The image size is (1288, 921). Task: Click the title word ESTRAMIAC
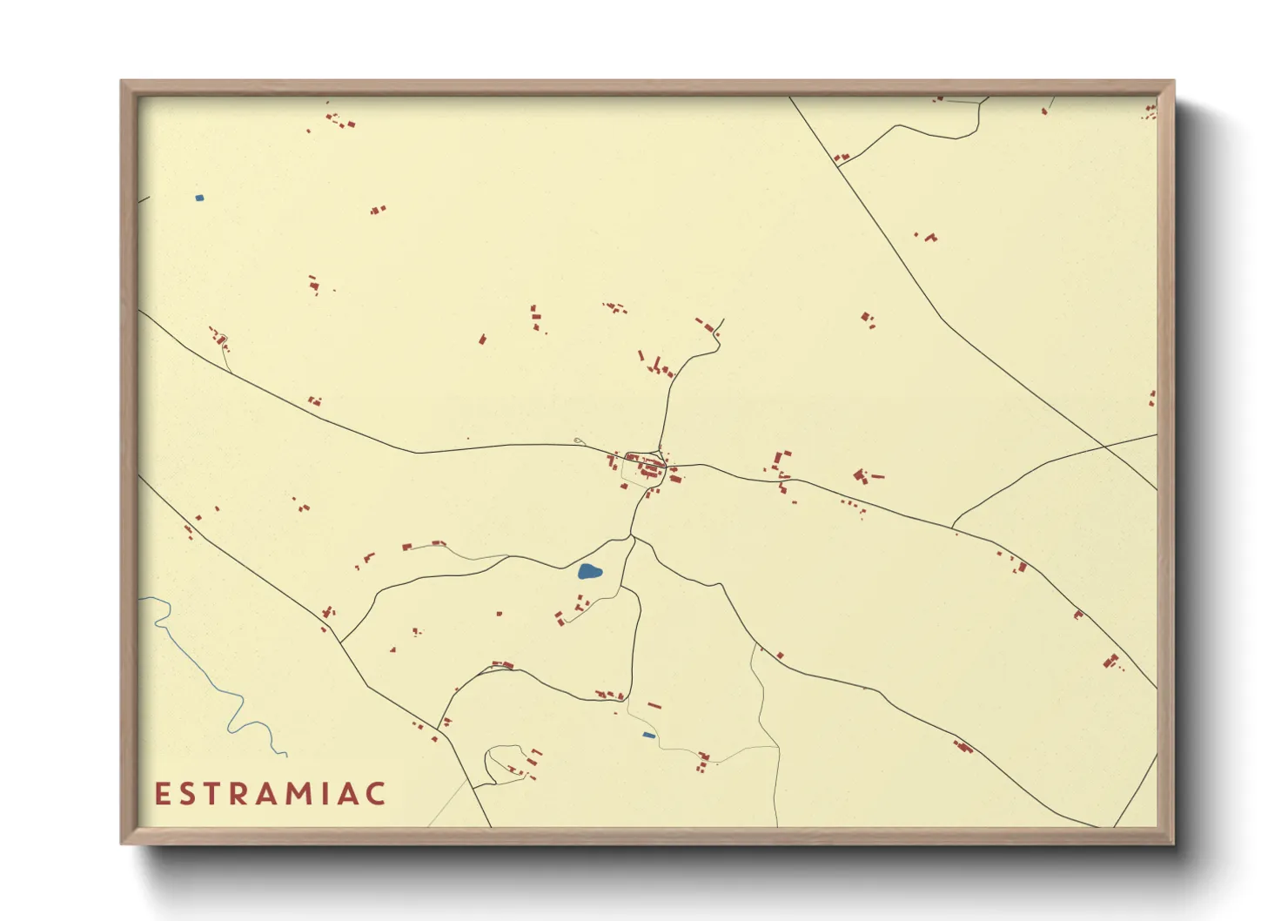click(x=271, y=794)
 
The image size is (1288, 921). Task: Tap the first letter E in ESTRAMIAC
click(x=162, y=794)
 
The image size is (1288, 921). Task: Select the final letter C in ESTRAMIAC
click(x=376, y=794)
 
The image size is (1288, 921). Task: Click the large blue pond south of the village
click(x=589, y=572)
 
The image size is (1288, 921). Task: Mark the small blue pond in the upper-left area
click(x=199, y=198)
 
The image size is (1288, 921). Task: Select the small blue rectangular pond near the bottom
click(x=648, y=736)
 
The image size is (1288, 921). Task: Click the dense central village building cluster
click(x=645, y=467)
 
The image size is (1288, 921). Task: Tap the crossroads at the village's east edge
click(x=667, y=466)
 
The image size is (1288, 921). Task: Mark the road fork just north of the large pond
click(x=633, y=536)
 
